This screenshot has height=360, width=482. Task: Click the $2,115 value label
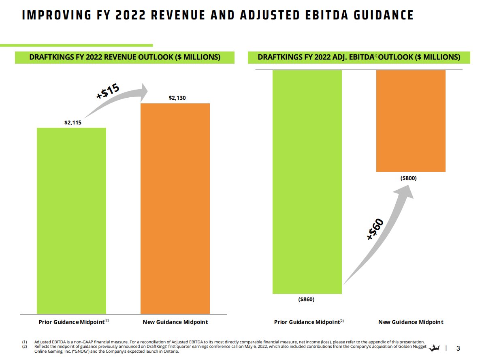tap(73, 122)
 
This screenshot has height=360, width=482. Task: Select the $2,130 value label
tap(177, 98)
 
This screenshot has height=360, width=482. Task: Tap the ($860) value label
tap(306, 300)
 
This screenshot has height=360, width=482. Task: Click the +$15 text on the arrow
tap(108, 91)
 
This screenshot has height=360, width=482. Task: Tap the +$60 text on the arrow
tap(375, 229)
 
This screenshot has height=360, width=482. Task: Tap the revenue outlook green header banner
tap(125, 57)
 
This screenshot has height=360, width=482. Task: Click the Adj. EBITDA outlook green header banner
tap(359, 57)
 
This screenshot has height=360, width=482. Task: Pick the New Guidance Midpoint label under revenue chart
tap(175, 322)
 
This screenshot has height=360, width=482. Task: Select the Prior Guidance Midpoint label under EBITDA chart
tap(307, 322)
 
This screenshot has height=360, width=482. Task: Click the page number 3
tap(458, 349)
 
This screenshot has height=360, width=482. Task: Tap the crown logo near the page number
tap(435, 348)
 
